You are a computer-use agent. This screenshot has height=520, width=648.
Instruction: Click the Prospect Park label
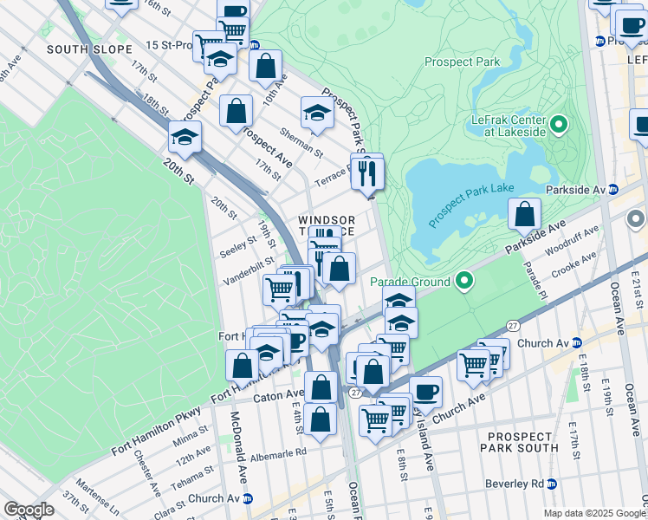pos(463,62)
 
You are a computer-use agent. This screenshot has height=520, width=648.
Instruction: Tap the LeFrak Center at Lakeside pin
pos(558,125)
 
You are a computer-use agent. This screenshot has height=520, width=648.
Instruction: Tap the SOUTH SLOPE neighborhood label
pos(89,49)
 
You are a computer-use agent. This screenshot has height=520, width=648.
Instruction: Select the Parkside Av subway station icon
pos(613,189)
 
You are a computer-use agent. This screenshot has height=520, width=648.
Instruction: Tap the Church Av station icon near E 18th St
pos(577,342)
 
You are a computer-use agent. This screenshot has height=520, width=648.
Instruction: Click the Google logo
pos(29,510)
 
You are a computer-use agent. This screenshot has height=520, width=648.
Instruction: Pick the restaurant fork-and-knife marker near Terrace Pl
pos(367,173)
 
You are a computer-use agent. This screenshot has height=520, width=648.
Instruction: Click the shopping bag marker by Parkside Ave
pos(524,214)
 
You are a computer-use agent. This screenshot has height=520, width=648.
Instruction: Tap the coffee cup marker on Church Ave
pos(425,392)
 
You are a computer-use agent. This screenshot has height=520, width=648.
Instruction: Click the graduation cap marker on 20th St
pos(185,137)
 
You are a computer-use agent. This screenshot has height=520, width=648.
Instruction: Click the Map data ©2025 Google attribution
pos(595,513)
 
